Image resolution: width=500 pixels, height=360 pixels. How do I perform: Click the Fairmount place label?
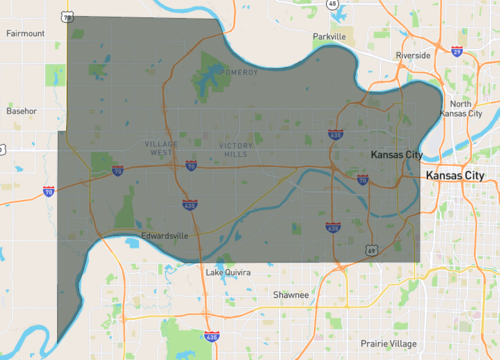point(25,33)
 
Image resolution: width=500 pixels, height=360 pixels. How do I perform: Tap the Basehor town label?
point(22,110)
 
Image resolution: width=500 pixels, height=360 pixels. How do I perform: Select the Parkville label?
point(328,36)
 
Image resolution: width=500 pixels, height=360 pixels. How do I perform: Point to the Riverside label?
point(413,55)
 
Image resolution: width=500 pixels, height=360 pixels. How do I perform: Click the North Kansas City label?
point(474,109)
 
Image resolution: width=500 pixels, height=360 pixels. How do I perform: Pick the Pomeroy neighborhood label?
point(241,72)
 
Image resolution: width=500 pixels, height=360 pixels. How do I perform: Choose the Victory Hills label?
point(236,150)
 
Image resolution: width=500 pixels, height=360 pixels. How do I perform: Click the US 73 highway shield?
point(67,17)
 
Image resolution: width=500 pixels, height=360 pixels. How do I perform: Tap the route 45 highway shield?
point(331,4)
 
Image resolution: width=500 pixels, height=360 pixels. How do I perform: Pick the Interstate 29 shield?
point(456,49)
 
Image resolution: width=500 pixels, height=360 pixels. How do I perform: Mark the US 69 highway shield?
point(370,249)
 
